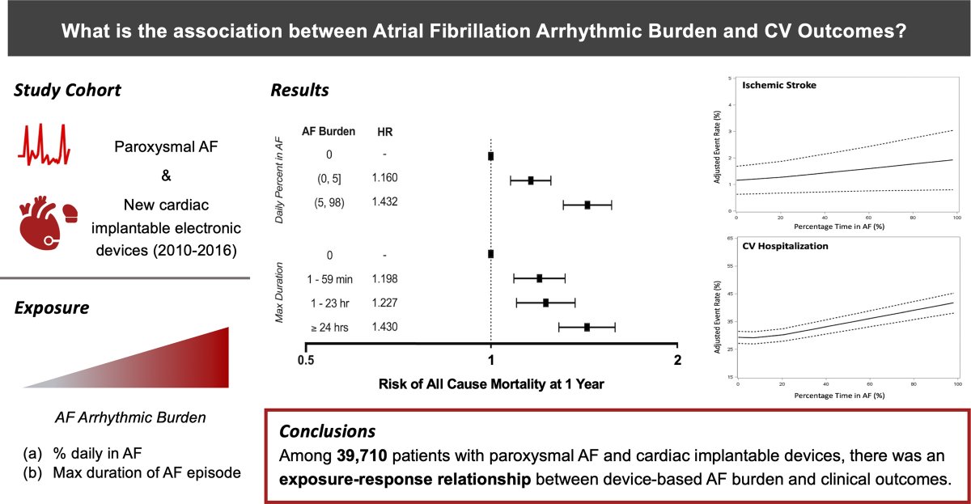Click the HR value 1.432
[384, 202]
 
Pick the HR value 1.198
[384, 279]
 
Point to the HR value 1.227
[384, 303]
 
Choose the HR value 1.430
[384, 327]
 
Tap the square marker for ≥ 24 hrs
[587, 327]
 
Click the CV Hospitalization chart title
[784, 246]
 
